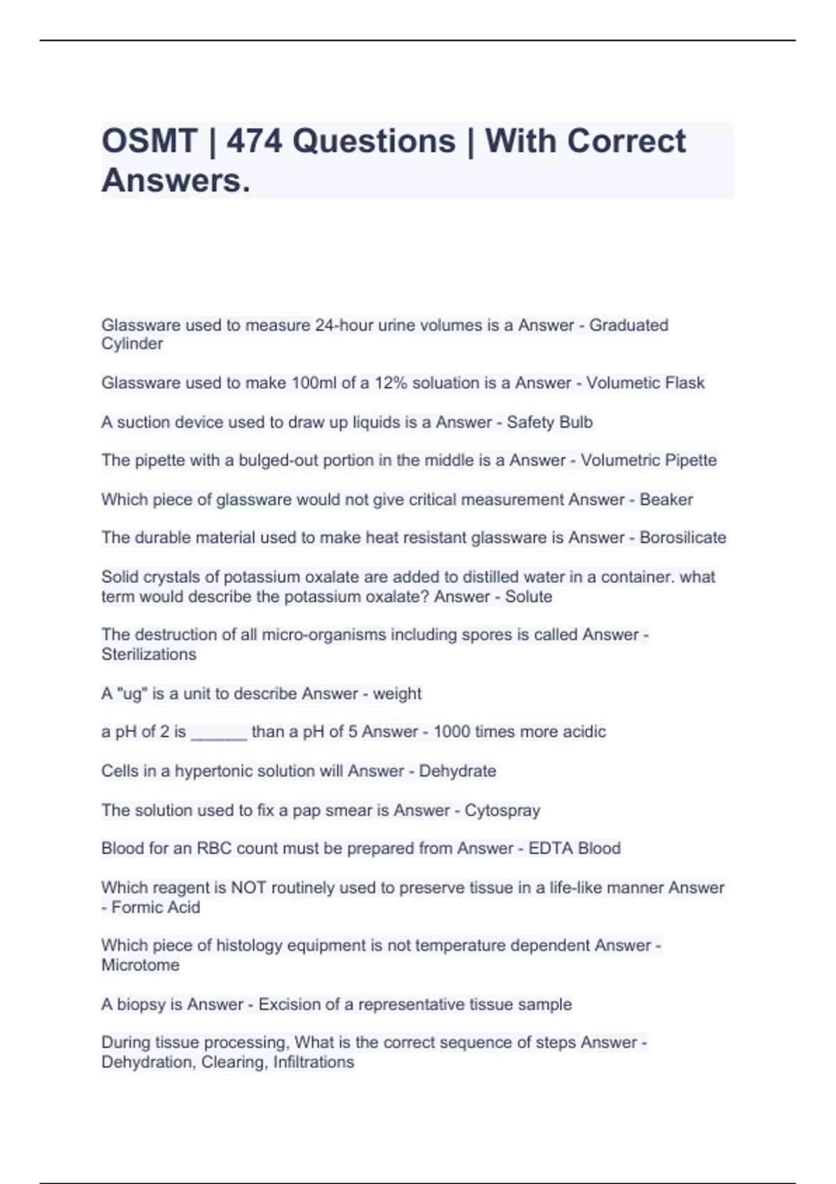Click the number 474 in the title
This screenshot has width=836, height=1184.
[x=254, y=141]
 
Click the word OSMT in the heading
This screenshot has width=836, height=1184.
[x=149, y=141]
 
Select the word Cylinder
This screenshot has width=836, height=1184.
[x=132, y=344]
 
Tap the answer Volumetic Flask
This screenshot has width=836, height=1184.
[x=645, y=383]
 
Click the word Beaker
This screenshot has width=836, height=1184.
[x=666, y=499]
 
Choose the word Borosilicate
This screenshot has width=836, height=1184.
[x=683, y=538]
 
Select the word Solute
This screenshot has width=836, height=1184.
[x=529, y=597]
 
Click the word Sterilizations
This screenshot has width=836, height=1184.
[x=149, y=655]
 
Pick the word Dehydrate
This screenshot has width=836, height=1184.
[x=458, y=771]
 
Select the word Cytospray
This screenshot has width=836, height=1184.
[x=502, y=811]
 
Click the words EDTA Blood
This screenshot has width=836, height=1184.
[x=574, y=848]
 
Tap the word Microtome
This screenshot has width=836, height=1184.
[x=141, y=965]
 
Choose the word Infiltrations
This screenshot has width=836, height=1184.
[x=313, y=1062]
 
